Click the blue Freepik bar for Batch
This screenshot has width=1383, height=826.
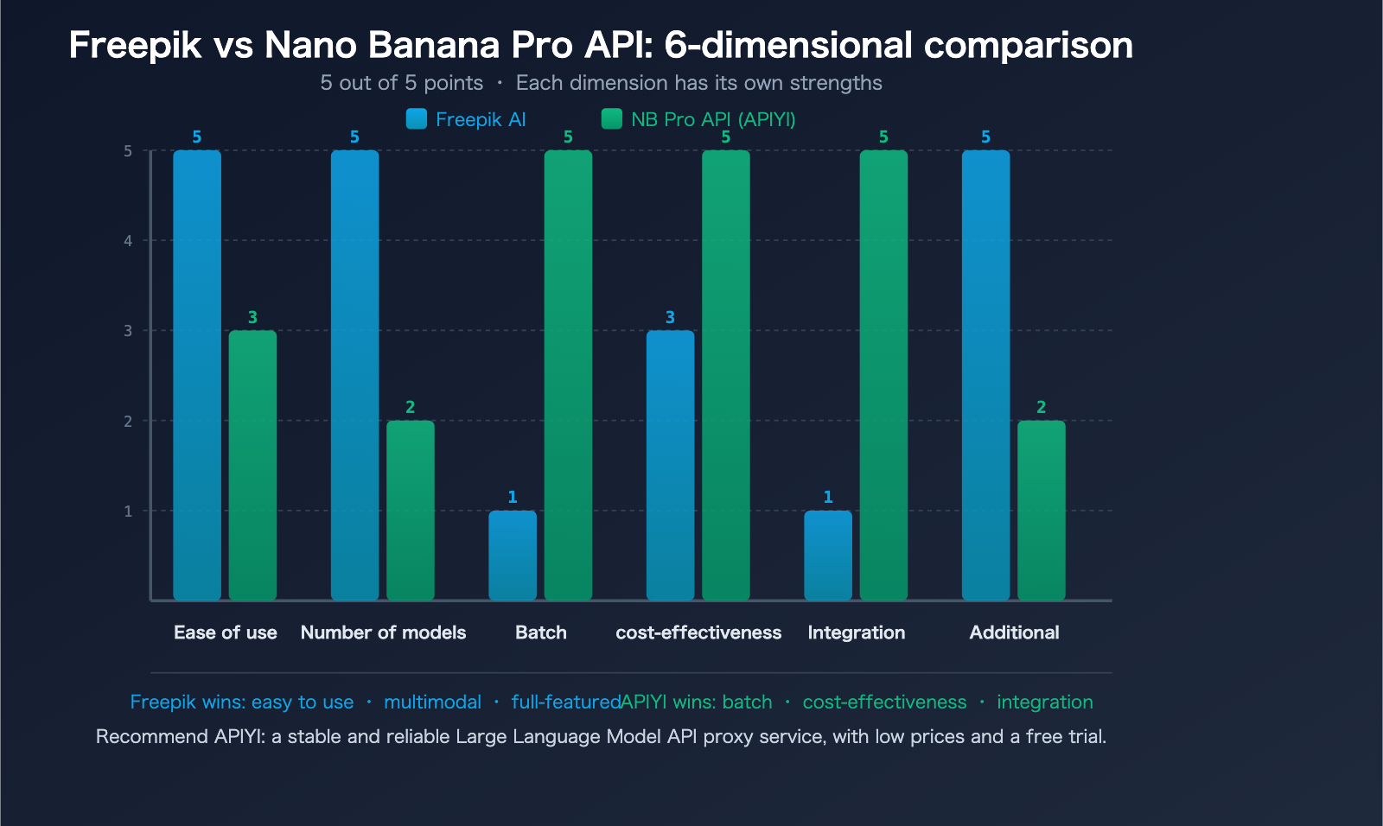pyautogui.click(x=513, y=555)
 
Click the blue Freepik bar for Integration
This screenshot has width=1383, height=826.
pyautogui.click(x=828, y=555)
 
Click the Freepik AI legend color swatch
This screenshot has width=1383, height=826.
pyautogui.click(x=417, y=119)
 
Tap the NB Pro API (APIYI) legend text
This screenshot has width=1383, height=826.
pyautogui.click(x=713, y=119)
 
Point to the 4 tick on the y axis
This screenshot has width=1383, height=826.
pyautogui.click(x=128, y=241)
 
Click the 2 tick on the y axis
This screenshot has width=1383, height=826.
pyautogui.click(x=128, y=422)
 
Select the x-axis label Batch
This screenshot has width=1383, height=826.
pyautogui.click(x=541, y=632)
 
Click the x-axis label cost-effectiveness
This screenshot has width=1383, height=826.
pyautogui.click(x=698, y=632)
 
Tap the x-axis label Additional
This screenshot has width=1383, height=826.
pyautogui.click(x=1014, y=632)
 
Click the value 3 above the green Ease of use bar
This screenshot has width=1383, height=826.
pyautogui.click(x=252, y=317)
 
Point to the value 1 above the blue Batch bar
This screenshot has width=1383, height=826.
pyautogui.click(x=513, y=497)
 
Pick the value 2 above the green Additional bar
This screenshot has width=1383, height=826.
pyautogui.click(x=1041, y=407)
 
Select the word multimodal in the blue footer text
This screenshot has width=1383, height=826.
pyautogui.click(x=432, y=702)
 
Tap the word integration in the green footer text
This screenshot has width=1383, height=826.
pyautogui.click(x=1044, y=702)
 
